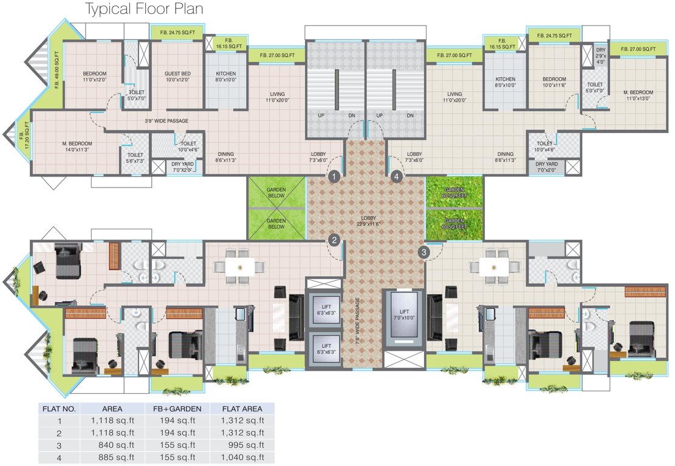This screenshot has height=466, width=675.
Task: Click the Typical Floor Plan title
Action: pos(144,10)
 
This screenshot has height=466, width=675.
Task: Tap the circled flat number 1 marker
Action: pos(333,177)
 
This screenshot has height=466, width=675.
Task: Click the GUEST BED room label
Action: pos(177,76)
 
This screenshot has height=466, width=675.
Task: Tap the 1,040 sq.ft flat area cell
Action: pos(242,457)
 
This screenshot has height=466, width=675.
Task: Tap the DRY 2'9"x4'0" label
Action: pos(600,56)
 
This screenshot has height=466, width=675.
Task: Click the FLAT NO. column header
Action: pos(59,408)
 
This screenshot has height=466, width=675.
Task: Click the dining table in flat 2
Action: pos(239,266)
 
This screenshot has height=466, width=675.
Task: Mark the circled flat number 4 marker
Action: pos(397,177)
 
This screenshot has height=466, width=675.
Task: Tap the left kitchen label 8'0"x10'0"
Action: pos(225,76)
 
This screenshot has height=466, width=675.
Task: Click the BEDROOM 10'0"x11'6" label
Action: pos(553,83)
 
